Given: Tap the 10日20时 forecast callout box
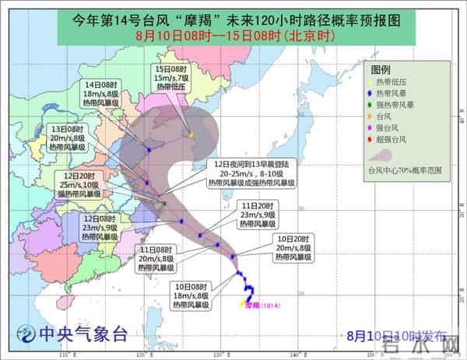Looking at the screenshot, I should pos(286,247).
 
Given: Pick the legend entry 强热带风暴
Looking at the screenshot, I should pos(402,105).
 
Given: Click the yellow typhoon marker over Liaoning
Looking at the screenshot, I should pos(191,134).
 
